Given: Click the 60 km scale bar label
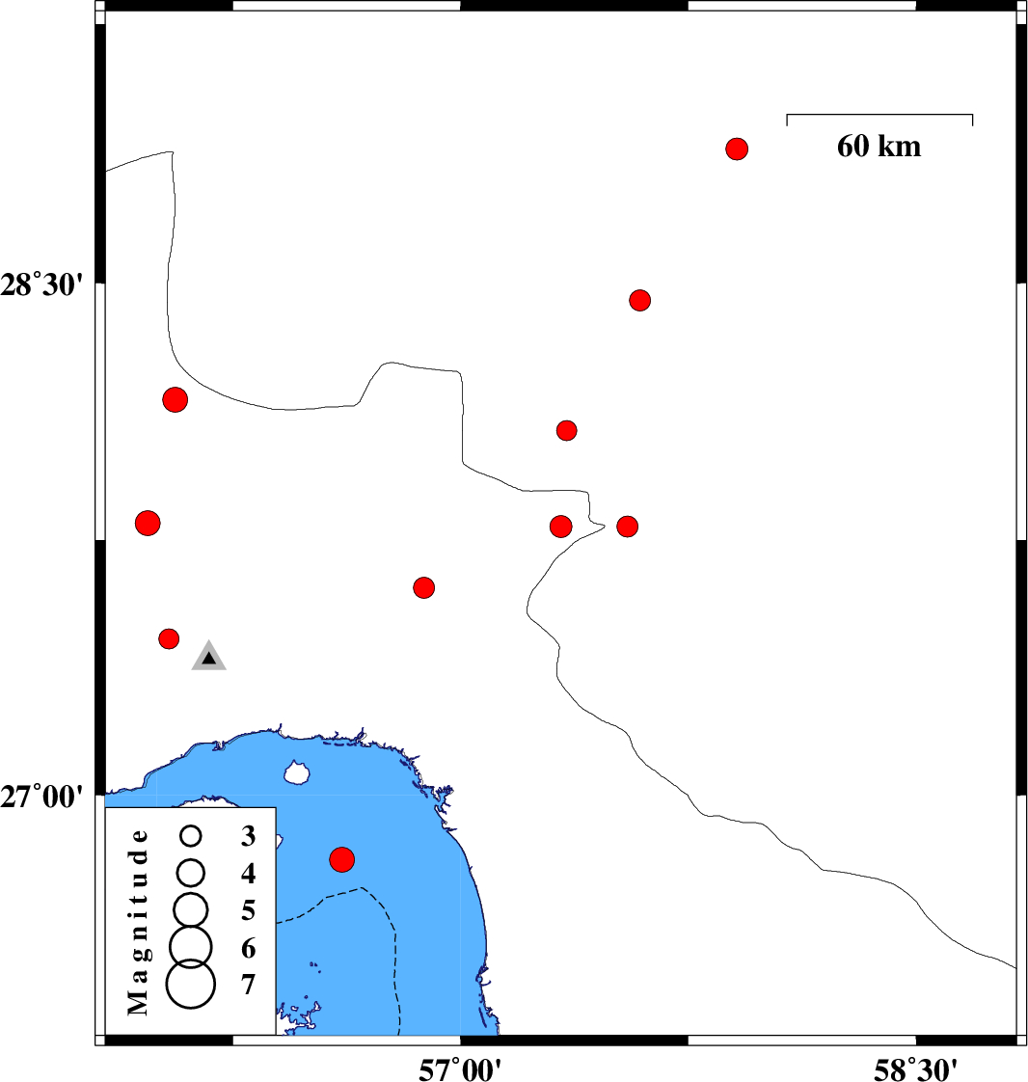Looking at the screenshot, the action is [x=879, y=147].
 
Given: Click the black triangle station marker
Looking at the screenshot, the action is [x=209, y=657].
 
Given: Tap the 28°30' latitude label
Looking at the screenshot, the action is [x=41, y=284].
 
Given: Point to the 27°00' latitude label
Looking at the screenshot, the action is [x=41, y=797].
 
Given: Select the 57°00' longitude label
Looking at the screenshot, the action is [x=460, y=1068].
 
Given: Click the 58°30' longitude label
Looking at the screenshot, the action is [x=915, y=1068].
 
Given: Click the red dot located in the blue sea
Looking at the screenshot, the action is [x=342, y=860].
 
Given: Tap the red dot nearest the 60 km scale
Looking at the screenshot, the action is [x=737, y=149].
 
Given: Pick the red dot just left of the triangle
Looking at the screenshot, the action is [x=169, y=639].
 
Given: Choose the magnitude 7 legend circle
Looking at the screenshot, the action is [x=191, y=984].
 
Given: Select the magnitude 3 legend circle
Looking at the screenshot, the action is [x=191, y=836].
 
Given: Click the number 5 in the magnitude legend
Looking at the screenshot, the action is [x=249, y=911].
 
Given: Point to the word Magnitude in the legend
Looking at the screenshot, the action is [x=138, y=923].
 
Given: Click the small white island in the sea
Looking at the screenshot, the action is [x=297, y=772].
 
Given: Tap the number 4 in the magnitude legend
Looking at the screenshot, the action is [x=249, y=874].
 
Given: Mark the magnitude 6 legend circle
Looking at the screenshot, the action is [x=191, y=946].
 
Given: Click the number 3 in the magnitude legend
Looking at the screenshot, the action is [x=249, y=836].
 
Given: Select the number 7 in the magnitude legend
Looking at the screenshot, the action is [x=249, y=985].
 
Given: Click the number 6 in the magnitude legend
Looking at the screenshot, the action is [x=249, y=948].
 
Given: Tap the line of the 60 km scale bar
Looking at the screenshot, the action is [x=879, y=115].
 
